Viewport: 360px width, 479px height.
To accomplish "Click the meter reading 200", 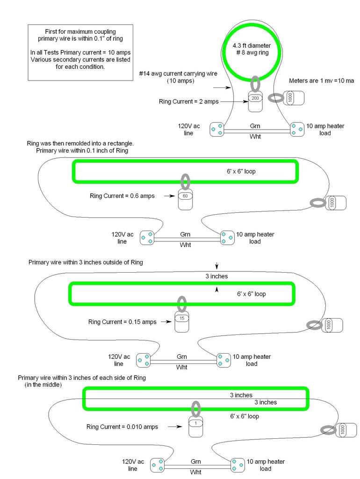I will (x=255, y=101).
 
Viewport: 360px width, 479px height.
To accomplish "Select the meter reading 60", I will (x=185, y=199).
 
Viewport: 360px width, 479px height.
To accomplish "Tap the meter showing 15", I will (x=182, y=321).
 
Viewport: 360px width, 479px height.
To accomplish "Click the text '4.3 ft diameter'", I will (x=252, y=46).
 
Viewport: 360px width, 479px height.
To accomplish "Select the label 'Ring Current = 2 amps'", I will (x=188, y=101).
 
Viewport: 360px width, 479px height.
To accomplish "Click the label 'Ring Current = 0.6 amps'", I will (x=122, y=196).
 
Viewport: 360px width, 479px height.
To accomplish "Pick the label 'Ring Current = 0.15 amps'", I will (x=122, y=321).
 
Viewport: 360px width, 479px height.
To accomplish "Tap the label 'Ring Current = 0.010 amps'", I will (x=122, y=427).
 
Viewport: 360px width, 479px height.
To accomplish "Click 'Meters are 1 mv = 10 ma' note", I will (x=321, y=80).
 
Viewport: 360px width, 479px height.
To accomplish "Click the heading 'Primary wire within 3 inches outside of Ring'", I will (x=86, y=262).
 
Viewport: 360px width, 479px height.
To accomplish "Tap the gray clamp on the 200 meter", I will (x=255, y=84).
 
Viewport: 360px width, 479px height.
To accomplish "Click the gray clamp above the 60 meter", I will (x=185, y=181).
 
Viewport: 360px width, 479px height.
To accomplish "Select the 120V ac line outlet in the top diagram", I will (x=216, y=129).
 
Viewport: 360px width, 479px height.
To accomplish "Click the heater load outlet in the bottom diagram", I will (x=238, y=465).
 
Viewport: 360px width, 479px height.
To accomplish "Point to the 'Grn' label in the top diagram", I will (x=255, y=126).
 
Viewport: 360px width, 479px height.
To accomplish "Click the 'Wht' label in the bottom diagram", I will (x=195, y=472).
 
